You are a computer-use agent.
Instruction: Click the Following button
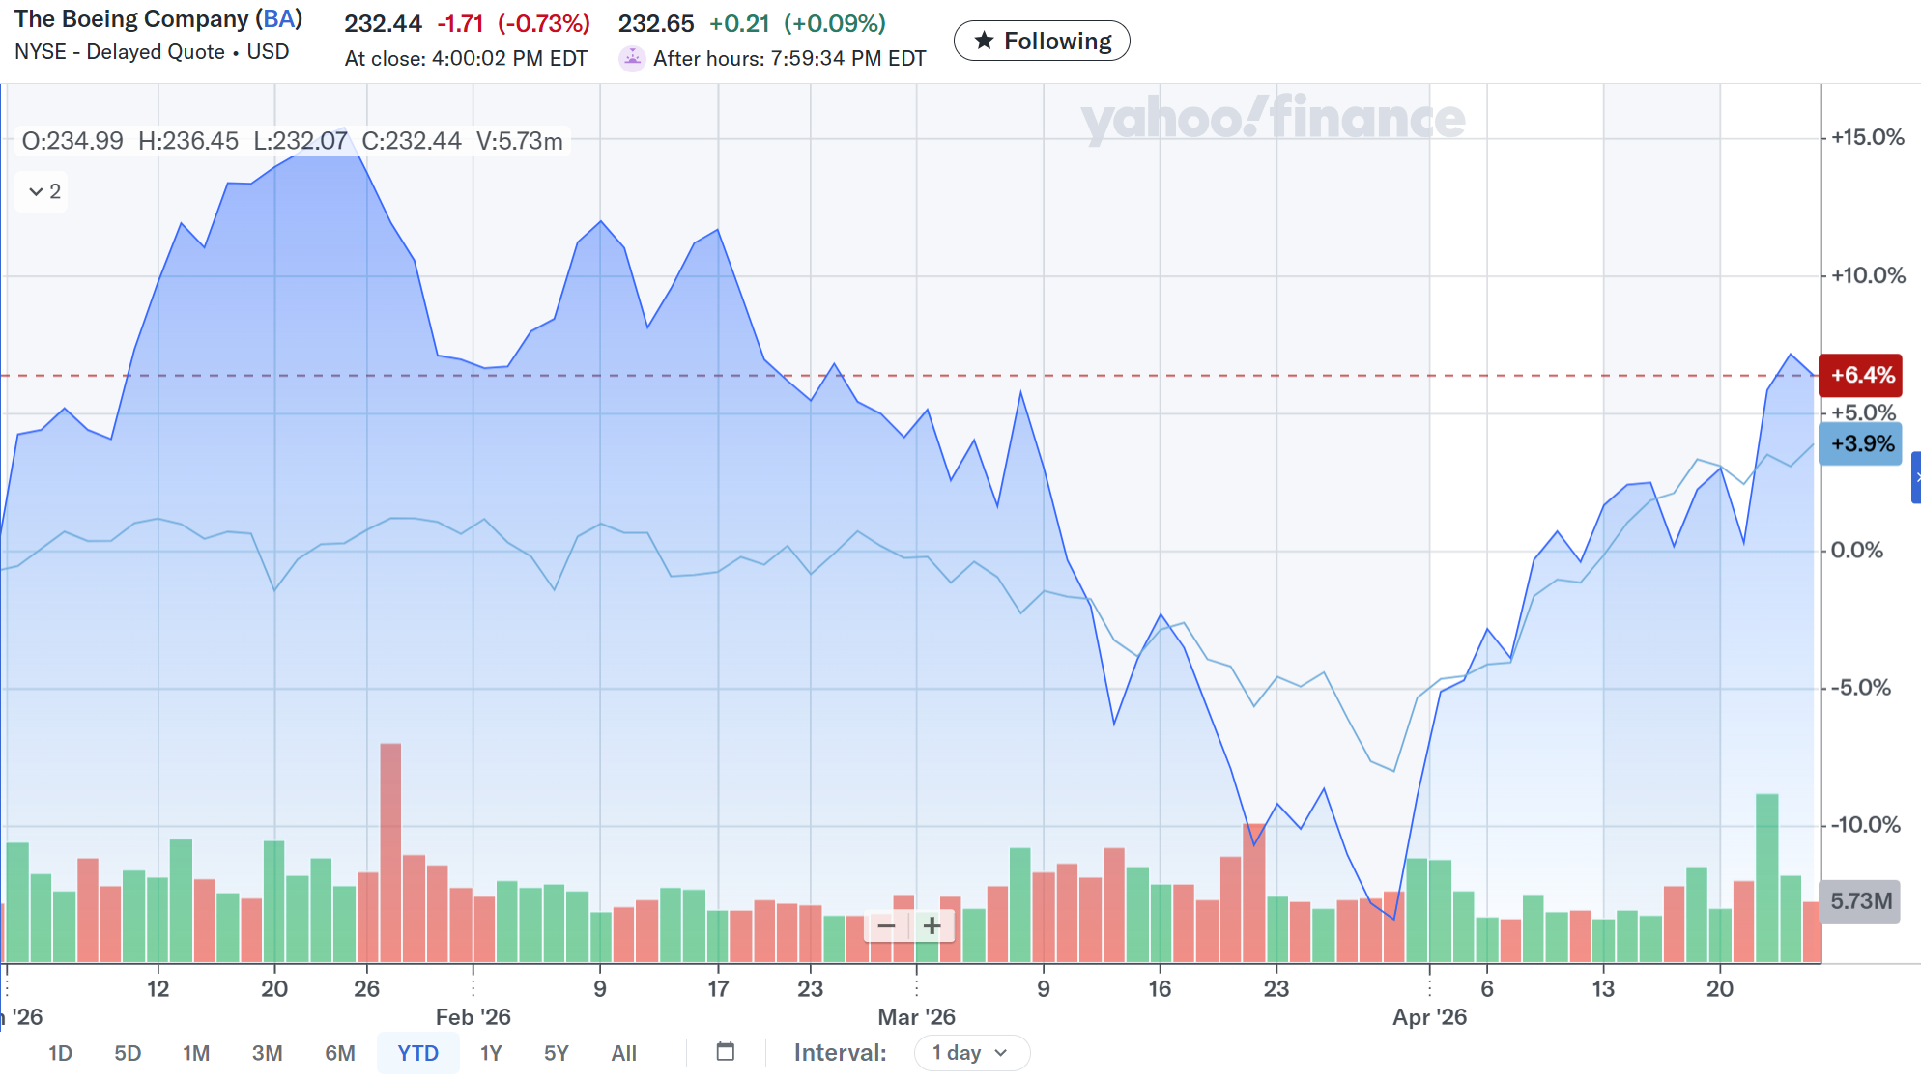(x=1042, y=41)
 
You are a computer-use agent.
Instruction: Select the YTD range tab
(x=417, y=1052)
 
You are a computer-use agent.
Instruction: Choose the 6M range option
(x=339, y=1052)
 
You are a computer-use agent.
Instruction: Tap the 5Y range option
(x=556, y=1052)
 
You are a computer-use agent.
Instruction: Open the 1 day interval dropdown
(x=971, y=1052)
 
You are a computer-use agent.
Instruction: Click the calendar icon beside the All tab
(x=726, y=1051)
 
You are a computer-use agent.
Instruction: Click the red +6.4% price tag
(x=1861, y=375)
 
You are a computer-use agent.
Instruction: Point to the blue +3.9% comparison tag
(x=1861, y=443)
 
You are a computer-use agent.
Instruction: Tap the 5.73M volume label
(x=1860, y=901)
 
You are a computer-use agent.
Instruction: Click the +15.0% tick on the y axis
(x=1867, y=137)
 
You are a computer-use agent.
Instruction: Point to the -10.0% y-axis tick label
(x=1865, y=825)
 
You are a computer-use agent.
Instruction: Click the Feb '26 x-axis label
(x=473, y=1016)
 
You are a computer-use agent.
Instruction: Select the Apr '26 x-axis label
(x=1429, y=1016)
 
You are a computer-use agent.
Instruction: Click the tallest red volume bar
(x=390, y=850)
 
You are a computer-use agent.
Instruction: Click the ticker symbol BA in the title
(x=279, y=19)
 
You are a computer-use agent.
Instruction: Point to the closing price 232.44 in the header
(x=383, y=23)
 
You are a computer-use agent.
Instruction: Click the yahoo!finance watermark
(x=1273, y=119)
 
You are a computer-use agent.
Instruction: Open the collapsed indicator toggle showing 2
(x=43, y=191)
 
